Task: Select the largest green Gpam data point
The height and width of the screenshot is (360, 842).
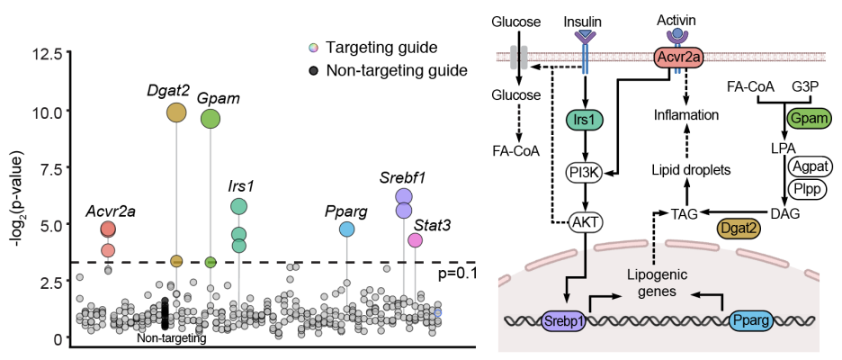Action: click(x=210, y=119)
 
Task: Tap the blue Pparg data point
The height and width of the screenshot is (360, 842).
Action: click(x=347, y=229)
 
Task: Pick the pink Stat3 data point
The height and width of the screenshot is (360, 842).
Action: click(x=415, y=240)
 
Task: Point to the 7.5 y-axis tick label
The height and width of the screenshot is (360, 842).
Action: click(x=52, y=166)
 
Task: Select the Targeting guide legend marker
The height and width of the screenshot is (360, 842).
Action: click(x=314, y=48)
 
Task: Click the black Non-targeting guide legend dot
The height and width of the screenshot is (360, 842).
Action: click(x=314, y=70)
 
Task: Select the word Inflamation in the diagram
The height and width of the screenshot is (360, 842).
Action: click(x=685, y=114)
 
